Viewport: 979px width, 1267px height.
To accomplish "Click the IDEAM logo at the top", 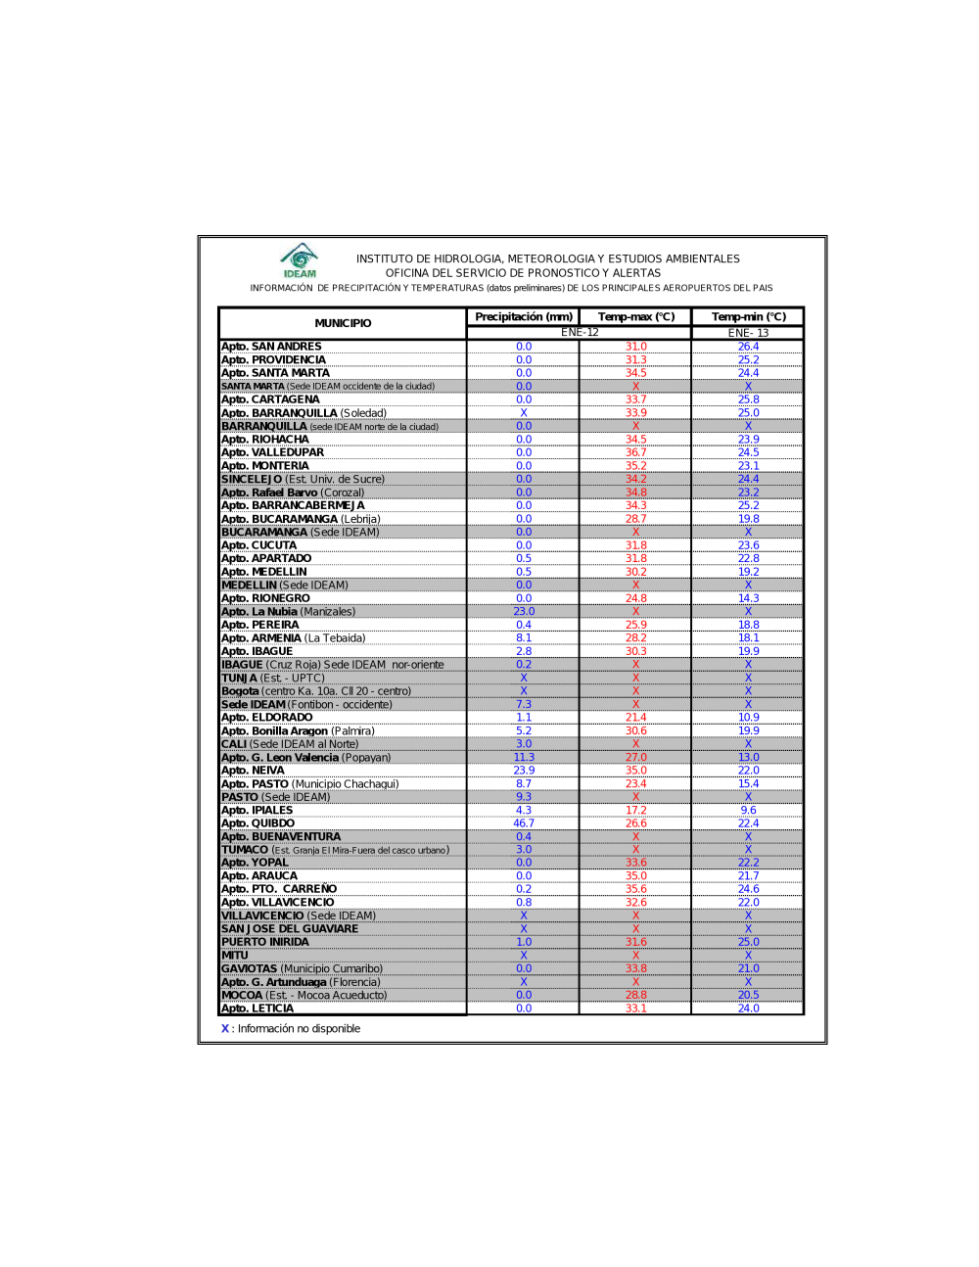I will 300,260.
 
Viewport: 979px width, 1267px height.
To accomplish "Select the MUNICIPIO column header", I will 343,323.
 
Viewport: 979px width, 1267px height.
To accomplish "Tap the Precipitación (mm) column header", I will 524,317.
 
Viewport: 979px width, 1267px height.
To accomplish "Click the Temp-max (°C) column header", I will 636,317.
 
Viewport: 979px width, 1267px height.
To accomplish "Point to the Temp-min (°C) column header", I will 749,317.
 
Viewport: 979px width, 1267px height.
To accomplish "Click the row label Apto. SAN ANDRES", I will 271,347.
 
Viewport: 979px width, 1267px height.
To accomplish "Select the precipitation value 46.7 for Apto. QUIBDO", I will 524,823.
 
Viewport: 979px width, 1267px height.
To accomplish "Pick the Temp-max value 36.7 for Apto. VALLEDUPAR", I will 636,452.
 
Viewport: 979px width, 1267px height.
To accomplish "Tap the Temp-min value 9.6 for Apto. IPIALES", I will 749,811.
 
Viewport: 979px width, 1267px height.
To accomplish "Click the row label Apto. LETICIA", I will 257,1009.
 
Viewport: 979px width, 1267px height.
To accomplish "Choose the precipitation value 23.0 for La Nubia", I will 524,612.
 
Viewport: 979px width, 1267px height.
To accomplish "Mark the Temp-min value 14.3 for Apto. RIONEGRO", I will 749,598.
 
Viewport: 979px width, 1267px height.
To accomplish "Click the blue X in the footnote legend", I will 225,1029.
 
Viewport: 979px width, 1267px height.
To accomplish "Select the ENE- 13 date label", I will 749,333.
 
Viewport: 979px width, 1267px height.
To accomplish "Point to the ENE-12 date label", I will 580,333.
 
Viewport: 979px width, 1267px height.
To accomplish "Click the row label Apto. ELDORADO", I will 267,718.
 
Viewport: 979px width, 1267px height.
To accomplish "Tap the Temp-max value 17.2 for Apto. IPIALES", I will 636,811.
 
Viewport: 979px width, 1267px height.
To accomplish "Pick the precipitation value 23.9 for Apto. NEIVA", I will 524,771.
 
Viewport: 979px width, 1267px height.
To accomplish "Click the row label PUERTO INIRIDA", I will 265,942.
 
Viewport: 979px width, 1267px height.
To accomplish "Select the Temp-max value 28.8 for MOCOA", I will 636,995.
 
